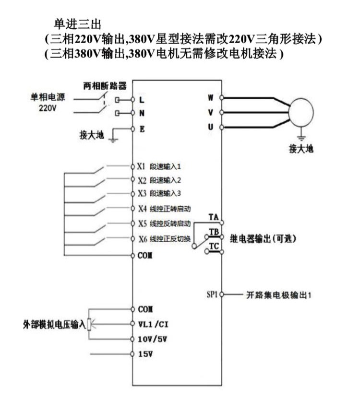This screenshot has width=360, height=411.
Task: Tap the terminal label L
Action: pyautogui.click(x=142, y=100)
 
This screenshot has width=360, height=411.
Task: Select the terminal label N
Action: pyautogui.click(x=142, y=113)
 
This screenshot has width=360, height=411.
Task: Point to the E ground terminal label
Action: pyautogui.click(x=142, y=129)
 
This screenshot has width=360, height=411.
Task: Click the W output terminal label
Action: pyautogui.click(x=211, y=98)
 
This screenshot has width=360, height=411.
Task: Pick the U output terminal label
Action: pyautogui.click(x=211, y=127)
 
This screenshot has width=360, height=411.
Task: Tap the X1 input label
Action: pyautogui.click(x=141, y=166)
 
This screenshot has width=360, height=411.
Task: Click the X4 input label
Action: pyautogui.click(x=143, y=209)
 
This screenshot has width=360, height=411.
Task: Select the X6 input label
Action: pyautogui.click(x=143, y=238)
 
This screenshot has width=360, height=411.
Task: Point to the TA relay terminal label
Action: pyautogui.click(x=214, y=217)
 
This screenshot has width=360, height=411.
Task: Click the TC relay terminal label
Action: pyautogui.click(x=214, y=247)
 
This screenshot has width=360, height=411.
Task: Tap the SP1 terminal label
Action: pyautogui.click(x=212, y=294)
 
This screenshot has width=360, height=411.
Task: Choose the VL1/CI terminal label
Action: pyautogui.click(x=153, y=324)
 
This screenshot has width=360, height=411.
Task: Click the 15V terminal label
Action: pyautogui.click(x=145, y=354)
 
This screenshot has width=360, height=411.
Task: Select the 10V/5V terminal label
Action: pyautogui.click(x=153, y=339)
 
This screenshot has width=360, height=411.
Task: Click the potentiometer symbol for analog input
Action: pyautogui.click(x=89, y=325)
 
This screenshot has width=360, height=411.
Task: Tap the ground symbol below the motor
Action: pyautogui.click(x=301, y=138)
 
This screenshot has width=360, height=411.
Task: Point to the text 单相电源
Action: pyautogui.click(x=48, y=97)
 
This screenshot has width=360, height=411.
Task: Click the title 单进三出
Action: pyautogui.click(x=77, y=24)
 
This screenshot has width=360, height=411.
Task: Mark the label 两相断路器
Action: pyautogui.click(x=105, y=86)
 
